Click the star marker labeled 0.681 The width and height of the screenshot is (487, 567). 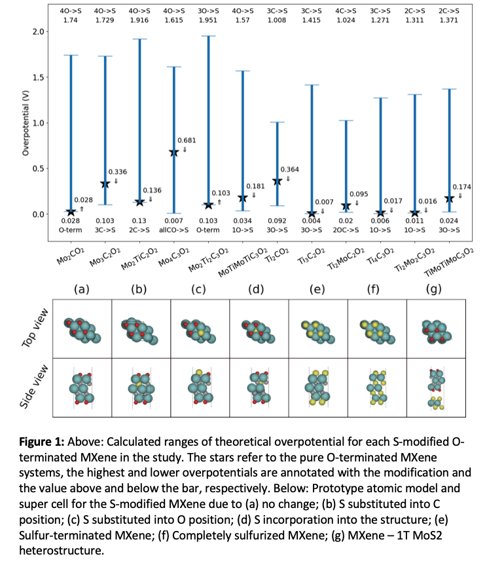(x=174, y=153)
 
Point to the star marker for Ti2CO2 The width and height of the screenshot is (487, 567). (x=277, y=181)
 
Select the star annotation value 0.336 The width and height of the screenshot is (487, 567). (x=117, y=172)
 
